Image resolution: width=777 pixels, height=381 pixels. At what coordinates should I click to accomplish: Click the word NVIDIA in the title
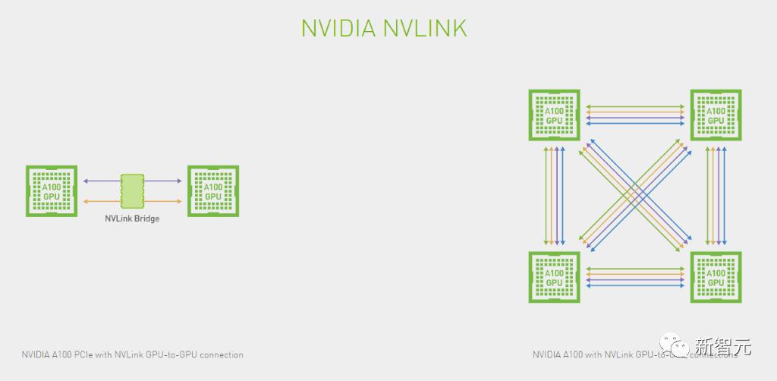(338, 28)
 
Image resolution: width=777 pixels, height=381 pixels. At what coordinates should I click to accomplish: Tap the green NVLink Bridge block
(132, 190)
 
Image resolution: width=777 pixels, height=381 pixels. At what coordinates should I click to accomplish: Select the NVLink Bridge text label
(132, 218)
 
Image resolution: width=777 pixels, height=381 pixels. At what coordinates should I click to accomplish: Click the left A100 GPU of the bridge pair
(52, 191)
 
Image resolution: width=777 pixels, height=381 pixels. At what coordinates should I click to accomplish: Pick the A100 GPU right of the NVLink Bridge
(213, 191)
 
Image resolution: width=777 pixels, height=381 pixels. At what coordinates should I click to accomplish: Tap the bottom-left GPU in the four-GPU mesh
(555, 277)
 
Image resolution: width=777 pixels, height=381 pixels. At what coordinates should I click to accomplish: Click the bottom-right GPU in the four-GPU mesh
(716, 277)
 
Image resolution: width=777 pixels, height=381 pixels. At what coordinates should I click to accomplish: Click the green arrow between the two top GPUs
(634, 106)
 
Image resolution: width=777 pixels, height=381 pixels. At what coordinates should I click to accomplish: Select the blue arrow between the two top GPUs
(634, 122)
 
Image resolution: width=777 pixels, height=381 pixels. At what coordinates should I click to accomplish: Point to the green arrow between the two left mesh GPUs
(546, 196)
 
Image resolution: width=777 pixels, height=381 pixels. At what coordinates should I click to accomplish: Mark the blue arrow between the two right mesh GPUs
(724, 196)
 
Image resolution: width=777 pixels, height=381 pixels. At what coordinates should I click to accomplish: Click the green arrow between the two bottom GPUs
(634, 269)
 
